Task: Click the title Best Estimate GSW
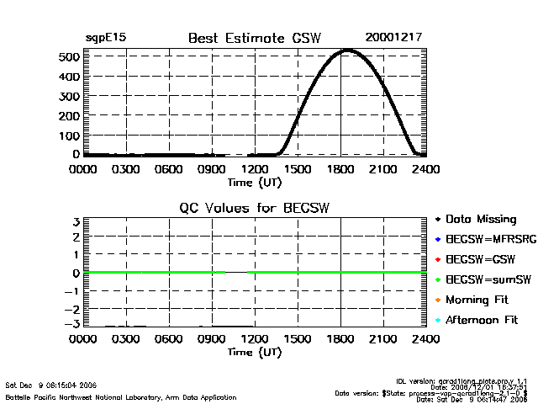click(255, 38)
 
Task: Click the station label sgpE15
click(106, 38)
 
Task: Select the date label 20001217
click(393, 38)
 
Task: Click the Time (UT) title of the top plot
click(255, 181)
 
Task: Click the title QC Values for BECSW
click(255, 208)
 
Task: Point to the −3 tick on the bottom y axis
click(74, 324)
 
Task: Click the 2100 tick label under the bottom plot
click(384, 339)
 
